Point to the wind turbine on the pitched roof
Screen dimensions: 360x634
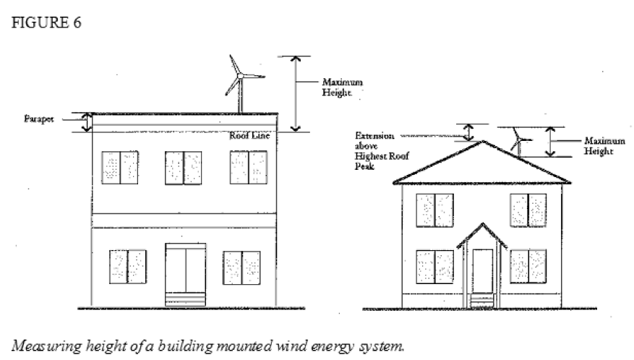click(518, 139)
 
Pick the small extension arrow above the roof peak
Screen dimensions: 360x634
click(468, 132)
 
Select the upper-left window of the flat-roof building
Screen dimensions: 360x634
click(120, 169)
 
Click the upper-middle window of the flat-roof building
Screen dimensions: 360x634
click(183, 169)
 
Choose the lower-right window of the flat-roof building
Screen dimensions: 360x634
click(241, 267)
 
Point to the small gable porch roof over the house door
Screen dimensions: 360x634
click(481, 236)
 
